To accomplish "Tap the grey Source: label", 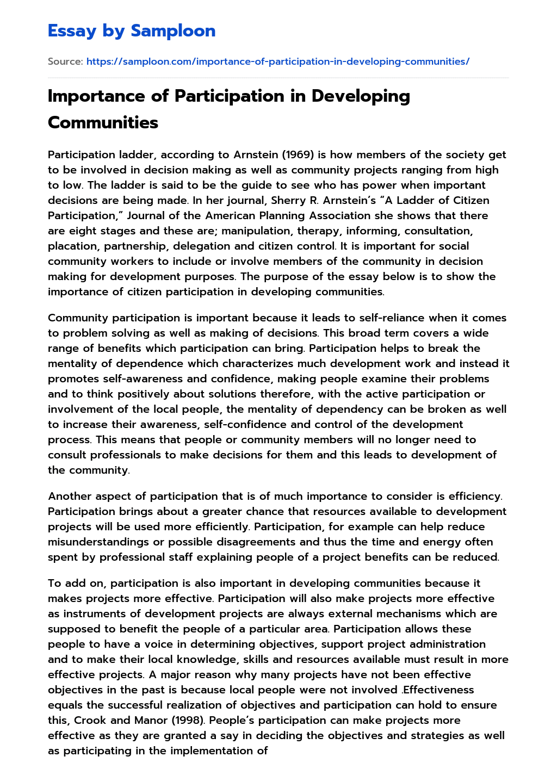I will (x=65, y=61).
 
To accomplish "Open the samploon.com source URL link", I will (x=277, y=61).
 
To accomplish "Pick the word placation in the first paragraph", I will (x=73, y=246).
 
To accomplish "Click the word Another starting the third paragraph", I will (x=71, y=496).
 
